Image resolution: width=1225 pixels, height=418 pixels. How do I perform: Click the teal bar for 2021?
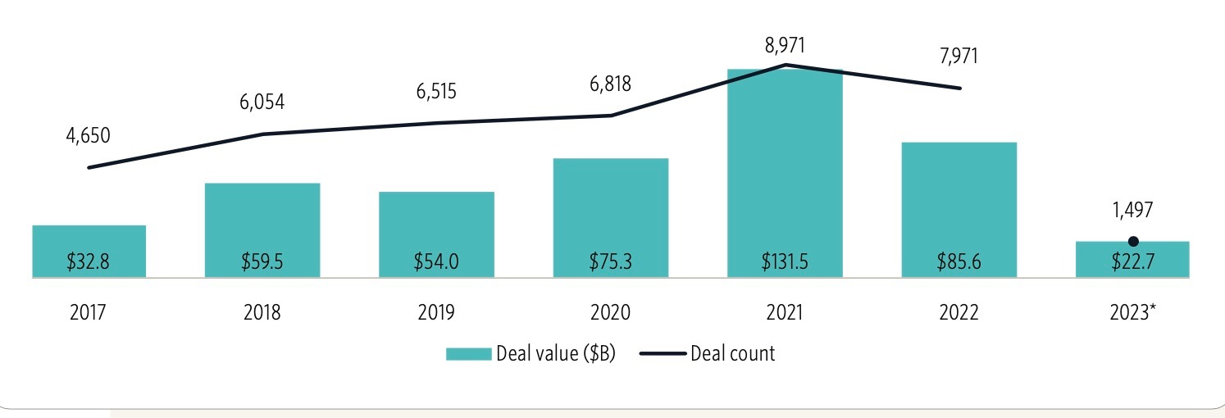point(785,172)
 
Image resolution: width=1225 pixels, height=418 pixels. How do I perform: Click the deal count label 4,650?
point(88,135)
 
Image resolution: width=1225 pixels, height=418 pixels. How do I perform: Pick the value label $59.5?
point(262,262)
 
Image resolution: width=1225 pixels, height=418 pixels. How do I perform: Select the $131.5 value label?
point(785,262)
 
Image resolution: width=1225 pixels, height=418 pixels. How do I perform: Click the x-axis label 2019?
point(436,313)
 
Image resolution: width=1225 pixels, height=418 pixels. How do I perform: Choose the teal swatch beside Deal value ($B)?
point(468,354)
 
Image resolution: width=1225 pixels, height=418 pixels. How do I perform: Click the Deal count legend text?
point(732,354)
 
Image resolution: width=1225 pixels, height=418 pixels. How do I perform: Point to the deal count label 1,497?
point(1132,210)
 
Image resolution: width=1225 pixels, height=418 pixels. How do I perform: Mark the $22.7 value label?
point(1132,262)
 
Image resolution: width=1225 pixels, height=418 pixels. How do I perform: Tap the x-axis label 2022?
point(959,313)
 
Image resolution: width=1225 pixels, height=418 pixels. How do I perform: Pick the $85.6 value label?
point(959,262)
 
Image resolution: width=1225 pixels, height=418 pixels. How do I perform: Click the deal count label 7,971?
point(959,57)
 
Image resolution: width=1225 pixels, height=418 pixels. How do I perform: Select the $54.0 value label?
point(436,262)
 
